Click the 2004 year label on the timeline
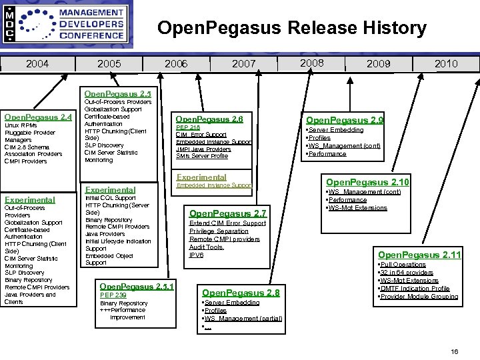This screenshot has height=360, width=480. coord(38,64)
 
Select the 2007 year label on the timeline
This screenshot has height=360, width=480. coord(244,64)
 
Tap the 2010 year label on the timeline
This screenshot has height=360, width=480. coord(446,64)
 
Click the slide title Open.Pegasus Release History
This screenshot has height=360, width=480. coord(291,28)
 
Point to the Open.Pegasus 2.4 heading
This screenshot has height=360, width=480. coord(38,117)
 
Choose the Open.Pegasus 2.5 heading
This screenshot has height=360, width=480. coord(117,94)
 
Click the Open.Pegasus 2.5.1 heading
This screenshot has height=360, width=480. coord(136,287)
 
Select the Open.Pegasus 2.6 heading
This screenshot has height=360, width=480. coord(209,119)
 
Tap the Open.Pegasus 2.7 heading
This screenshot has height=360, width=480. coord(228,213)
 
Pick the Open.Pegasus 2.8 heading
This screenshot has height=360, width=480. coord(241,293)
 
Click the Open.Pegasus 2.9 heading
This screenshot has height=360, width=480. coord(344,120)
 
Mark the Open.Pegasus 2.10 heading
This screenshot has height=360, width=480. coord(367,182)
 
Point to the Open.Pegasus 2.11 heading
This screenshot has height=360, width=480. coord(419,255)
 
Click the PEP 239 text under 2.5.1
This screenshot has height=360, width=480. coord(113,295)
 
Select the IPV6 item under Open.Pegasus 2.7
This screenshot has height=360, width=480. coord(196,255)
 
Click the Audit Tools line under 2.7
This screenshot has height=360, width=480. coord(206,247)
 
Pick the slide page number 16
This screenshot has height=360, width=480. coord(455,351)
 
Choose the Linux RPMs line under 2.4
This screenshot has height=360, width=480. coord(21,125)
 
